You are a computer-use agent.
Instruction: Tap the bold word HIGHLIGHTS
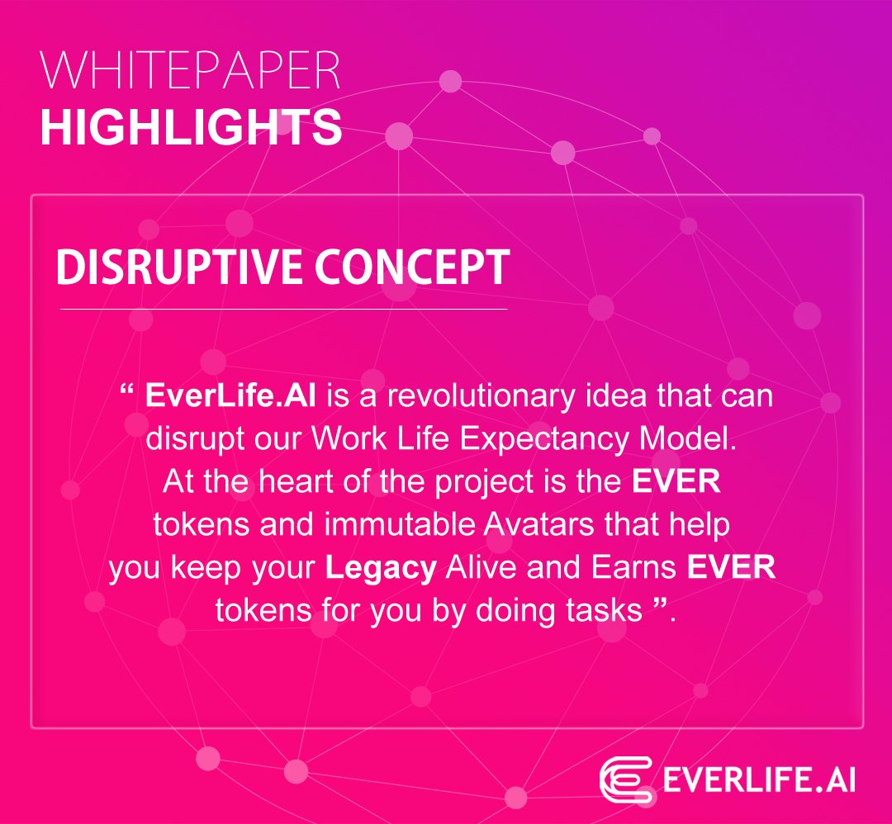point(191,127)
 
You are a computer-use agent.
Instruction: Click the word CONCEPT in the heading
point(412,267)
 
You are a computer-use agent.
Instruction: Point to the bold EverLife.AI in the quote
point(230,395)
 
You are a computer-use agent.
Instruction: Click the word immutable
point(400,523)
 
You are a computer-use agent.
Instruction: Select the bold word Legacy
point(381,568)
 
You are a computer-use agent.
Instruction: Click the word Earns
point(633,567)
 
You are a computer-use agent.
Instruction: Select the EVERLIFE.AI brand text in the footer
point(758,780)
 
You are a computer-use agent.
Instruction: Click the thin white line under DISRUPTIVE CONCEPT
point(284,310)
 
